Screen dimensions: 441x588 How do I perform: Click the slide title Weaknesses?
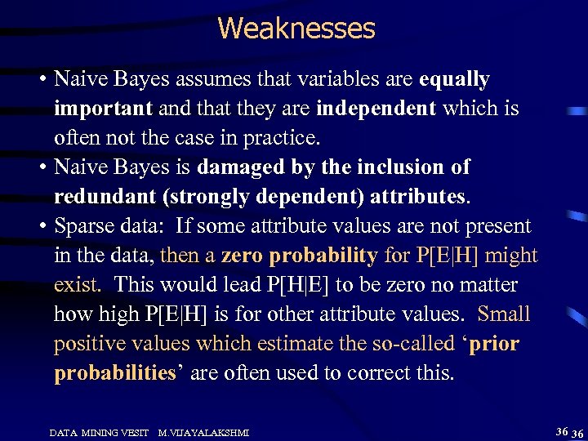296,29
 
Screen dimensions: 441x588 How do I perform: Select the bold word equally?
453,79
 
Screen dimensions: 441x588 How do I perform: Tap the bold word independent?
376,109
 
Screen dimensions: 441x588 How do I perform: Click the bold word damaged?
244,167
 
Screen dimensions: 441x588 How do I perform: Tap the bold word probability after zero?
323,256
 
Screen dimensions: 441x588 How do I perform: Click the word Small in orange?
504,314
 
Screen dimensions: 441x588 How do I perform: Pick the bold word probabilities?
114,373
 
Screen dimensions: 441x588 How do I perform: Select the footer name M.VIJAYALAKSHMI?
203,430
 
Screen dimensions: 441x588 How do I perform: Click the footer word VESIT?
136,430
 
